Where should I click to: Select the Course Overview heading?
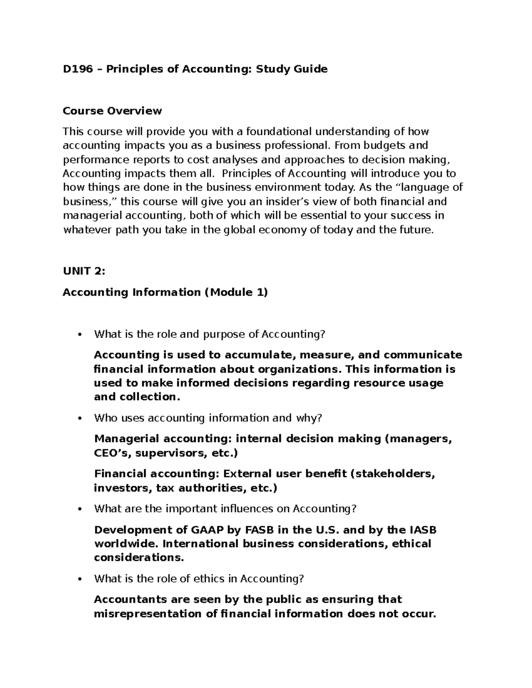point(112,111)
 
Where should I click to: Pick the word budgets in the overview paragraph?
point(380,145)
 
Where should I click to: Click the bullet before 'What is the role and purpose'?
point(80,335)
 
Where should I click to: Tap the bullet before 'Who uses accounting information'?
point(80,419)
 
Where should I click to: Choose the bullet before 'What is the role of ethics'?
point(80,579)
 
